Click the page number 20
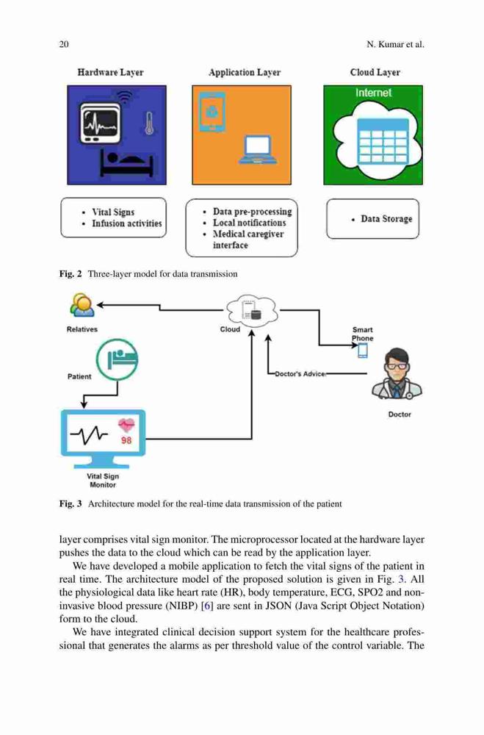click(64, 45)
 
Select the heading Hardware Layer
click(111, 72)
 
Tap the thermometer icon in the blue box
click(149, 123)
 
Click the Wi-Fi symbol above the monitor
click(124, 97)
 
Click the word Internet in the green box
click(373, 93)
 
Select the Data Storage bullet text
click(386, 219)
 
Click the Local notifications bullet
click(249, 223)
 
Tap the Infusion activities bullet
click(126, 223)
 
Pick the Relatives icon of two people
click(82, 306)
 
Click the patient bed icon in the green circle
click(117, 359)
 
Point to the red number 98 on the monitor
click(126, 440)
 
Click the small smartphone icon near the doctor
click(363, 350)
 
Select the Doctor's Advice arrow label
click(300, 374)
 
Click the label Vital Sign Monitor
click(103, 481)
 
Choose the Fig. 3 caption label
click(71, 504)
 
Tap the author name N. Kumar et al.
click(395, 45)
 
